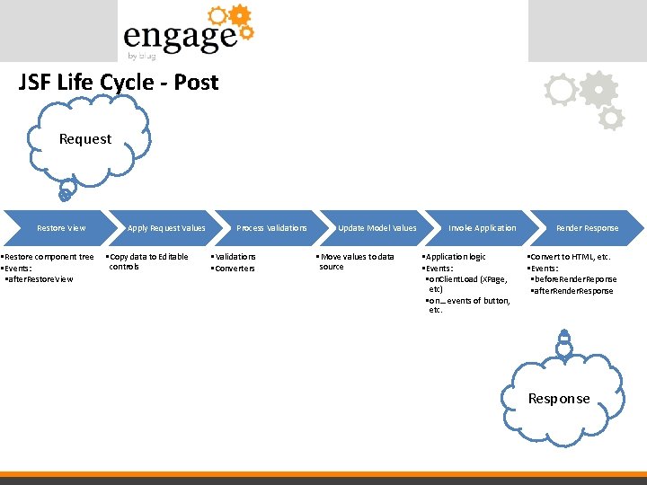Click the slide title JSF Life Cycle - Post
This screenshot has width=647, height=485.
coord(118,83)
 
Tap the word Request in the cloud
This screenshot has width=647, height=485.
coord(85,139)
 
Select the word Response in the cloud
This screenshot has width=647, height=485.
coord(559,399)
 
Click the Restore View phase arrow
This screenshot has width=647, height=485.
coord(61,228)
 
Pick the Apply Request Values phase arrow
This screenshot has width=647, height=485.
coord(166,228)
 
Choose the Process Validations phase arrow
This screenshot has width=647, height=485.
coord(271,228)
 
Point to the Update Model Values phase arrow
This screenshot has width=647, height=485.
coord(377,228)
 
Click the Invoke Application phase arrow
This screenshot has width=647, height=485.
coord(483,228)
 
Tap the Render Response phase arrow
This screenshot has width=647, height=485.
coord(587,228)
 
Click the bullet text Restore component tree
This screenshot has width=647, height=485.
coord(49,257)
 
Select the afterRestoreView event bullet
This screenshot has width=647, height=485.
coord(40,279)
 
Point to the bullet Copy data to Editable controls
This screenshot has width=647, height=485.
coord(148,261)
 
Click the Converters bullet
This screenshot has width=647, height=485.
coord(235,269)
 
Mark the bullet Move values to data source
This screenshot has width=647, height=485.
coord(357,261)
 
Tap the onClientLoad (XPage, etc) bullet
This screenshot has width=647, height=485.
coord(469,284)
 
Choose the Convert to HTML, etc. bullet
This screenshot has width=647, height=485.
coord(569,257)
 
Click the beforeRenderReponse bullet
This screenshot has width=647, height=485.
coord(574,279)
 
